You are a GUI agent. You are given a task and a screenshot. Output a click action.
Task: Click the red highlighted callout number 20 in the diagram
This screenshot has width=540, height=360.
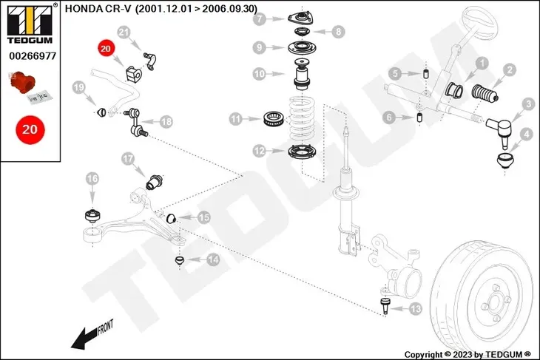105,49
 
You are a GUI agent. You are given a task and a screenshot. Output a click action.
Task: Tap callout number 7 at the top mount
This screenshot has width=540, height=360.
259,20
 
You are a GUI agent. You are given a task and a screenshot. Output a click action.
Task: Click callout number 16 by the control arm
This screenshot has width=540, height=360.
92,178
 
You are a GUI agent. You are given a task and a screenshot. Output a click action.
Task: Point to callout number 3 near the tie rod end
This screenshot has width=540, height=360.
528,104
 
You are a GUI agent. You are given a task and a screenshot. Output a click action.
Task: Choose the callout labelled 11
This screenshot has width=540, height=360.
236,118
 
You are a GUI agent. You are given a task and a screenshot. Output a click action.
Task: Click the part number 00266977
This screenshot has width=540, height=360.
30,54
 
